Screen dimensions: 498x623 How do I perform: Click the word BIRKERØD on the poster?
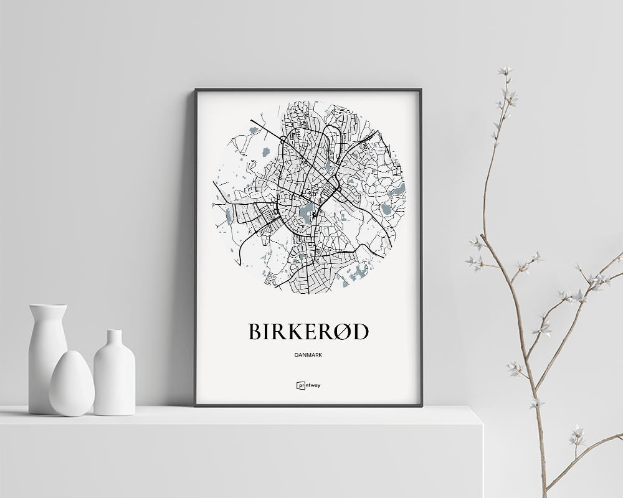click(x=308, y=332)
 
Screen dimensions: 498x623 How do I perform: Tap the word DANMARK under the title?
click(x=308, y=355)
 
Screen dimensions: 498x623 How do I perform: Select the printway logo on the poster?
click(x=308, y=385)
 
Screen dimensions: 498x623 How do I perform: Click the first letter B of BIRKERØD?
click(x=255, y=332)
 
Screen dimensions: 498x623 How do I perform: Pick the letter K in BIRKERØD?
click(x=289, y=332)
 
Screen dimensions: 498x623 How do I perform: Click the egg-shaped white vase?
click(x=72, y=384)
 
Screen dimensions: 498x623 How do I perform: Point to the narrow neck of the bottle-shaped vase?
click(x=114, y=340)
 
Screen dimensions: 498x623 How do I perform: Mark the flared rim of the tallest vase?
click(x=48, y=306)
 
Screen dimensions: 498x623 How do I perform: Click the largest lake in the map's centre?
click(x=306, y=214)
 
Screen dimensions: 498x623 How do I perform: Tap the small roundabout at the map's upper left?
click(x=283, y=141)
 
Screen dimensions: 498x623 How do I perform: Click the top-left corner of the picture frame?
click(x=196, y=90)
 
